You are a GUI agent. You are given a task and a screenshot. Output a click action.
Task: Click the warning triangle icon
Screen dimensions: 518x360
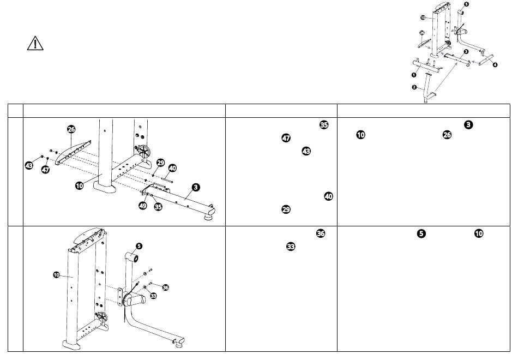(x=35, y=43)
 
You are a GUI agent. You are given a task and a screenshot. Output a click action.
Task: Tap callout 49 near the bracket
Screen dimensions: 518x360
(x=143, y=205)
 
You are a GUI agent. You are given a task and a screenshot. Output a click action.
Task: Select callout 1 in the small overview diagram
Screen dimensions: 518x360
(x=414, y=75)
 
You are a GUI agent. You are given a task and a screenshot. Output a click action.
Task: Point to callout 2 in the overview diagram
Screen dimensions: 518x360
(x=414, y=87)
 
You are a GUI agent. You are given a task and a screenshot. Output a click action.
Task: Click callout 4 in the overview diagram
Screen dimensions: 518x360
(x=495, y=65)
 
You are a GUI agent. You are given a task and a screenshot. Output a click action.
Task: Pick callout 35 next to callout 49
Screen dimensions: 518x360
(x=158, y=207)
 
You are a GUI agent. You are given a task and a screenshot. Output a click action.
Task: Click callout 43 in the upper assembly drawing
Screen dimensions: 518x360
(x=29, y=165)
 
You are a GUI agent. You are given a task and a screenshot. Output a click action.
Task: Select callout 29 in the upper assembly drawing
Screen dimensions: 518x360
(x=160, y=163)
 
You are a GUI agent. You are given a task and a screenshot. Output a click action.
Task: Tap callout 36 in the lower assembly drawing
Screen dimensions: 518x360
(x=166, y=287)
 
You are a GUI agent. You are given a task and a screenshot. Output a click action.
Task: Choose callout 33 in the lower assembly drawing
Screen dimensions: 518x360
(x=153, y=296)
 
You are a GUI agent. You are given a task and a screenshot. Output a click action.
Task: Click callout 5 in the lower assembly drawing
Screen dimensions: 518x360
(x=139, y=246)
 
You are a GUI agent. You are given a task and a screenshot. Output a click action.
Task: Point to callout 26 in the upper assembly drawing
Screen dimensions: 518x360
(x=71, y=129)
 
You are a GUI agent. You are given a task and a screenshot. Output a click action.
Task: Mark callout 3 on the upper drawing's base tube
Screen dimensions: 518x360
(x=196, y=188)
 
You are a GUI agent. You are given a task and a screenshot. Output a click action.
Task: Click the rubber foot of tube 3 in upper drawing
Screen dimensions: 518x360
(x=209, y=217)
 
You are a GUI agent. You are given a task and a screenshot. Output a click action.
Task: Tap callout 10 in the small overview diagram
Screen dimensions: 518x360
(x=423, y=17)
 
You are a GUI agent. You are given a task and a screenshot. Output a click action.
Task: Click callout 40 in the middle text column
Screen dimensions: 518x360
(x=328, y=196)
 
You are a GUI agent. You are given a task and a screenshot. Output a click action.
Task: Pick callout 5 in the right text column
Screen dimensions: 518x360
(x=421, y=233)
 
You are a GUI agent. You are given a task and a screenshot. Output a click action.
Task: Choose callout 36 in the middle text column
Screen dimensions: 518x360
(x=321, y=233)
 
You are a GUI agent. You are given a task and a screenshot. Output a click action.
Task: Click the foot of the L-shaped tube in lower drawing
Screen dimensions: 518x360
(x=179, y=345)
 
